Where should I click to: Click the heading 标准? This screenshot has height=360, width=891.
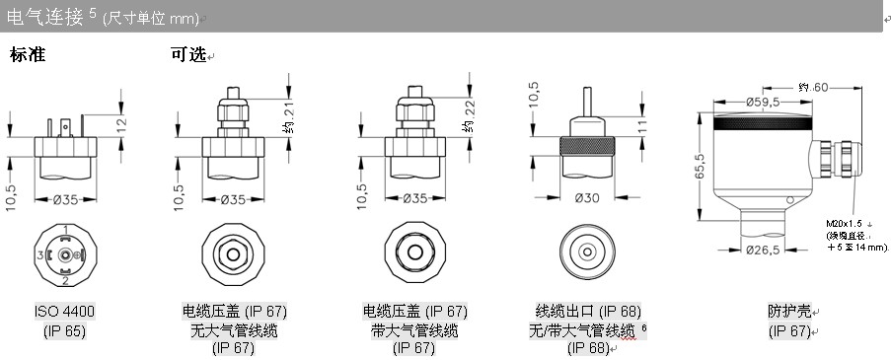(x=28, y=55)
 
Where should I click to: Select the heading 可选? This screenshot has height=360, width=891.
(x=188, y=55)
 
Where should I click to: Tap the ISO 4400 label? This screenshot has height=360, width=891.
(x=65, y=312)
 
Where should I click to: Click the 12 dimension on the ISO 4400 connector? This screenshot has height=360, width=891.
(x=122, y=122)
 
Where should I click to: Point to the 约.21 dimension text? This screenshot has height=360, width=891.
(x=289, y=118)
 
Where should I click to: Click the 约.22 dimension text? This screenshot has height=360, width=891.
(x=469, y=118)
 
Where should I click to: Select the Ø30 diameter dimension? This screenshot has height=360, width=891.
(x=587, y=197)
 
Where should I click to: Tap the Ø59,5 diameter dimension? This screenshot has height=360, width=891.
(x=763, y=103)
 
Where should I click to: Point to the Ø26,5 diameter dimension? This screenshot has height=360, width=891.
(x=762, y=250)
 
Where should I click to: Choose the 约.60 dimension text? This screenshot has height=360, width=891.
(x=813, y=88)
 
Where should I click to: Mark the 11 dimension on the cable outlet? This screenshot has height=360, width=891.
(x=642, y=126)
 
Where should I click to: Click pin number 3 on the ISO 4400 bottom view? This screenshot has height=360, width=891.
(x=40, y=255)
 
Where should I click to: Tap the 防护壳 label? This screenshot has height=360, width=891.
(x=789, y=312)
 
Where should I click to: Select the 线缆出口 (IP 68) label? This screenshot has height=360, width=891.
(x=588, y=312)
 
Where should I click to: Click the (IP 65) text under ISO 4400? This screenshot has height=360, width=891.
(x=64, y=331)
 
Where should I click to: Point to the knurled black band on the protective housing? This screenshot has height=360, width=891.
(x=763, y=122)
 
